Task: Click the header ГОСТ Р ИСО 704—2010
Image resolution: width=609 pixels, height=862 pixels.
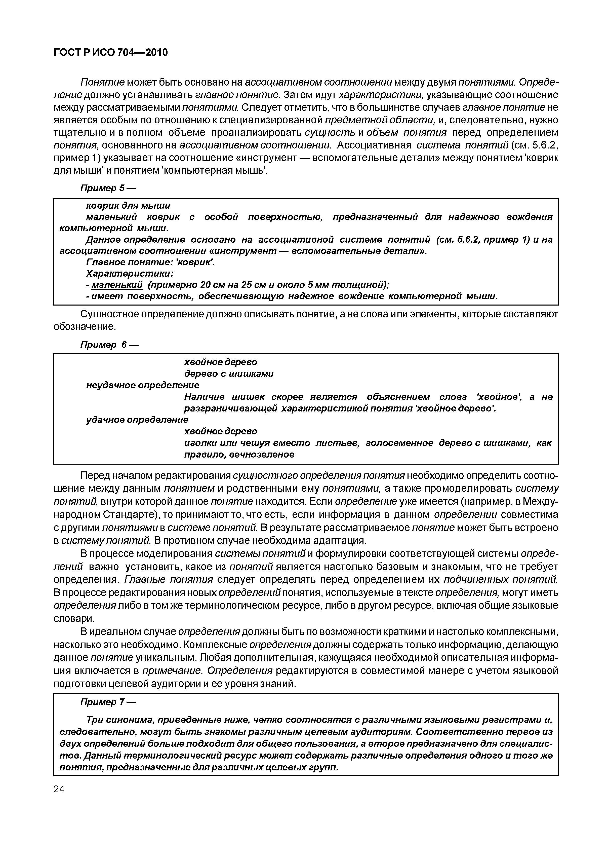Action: pos(111,53)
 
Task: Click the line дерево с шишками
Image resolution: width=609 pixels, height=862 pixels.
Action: pos(228,374)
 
